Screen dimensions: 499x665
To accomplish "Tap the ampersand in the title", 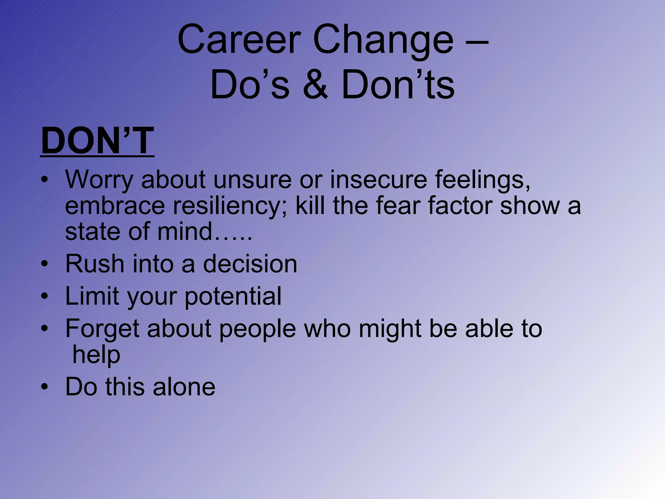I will [315, 85].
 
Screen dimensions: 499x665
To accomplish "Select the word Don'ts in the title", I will [398, 85].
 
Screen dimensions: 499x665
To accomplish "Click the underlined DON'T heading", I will [97, 141].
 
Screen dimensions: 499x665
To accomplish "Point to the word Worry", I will [99, 180].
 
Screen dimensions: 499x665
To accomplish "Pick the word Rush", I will [94, 263].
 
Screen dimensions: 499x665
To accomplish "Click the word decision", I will [250, 263].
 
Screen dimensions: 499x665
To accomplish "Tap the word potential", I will [233, 297].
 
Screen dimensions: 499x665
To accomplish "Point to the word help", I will [96, 355].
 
